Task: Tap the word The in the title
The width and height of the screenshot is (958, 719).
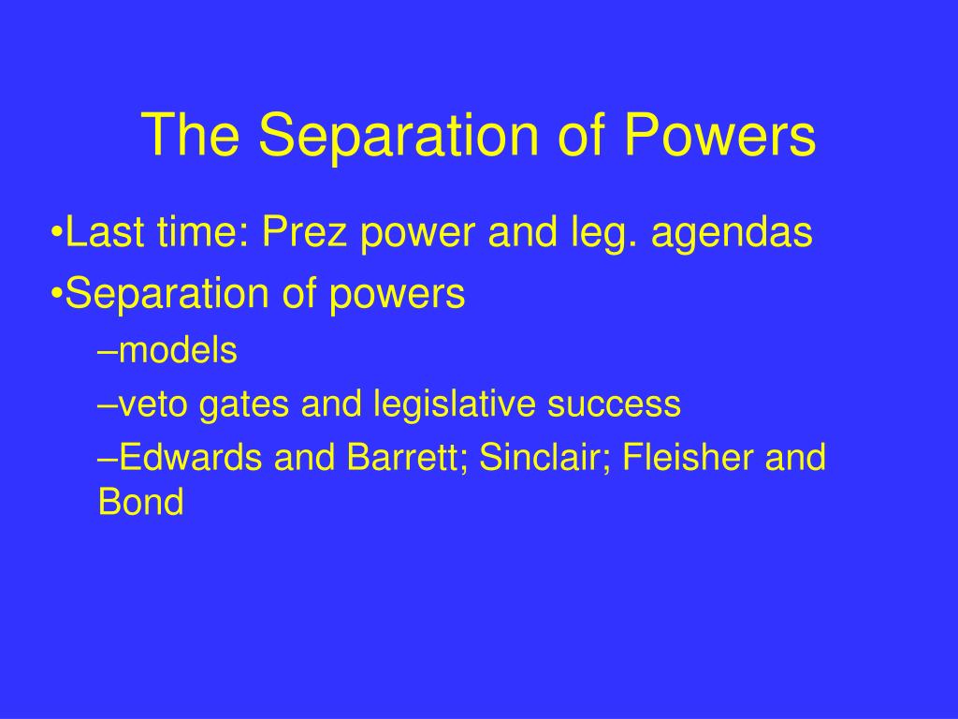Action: point(193,135)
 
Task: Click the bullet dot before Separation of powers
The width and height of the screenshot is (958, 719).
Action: point(57,295)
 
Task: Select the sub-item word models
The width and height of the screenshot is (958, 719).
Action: point(178,351)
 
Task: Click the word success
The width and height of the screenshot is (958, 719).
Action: point(615,404)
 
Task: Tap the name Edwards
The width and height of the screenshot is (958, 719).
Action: point(192,458)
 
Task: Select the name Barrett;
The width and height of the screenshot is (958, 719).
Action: point(409,458)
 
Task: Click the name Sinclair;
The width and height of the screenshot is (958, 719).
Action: point(541,458)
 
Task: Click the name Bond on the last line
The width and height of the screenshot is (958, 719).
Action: point(140,503)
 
